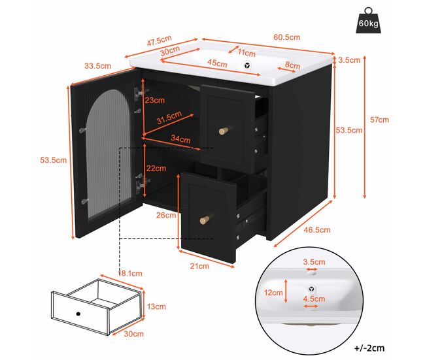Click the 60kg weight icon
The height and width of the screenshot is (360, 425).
(368, 21)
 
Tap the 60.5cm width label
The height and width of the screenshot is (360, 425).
(287, 37)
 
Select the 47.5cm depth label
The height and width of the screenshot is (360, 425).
(160, 41)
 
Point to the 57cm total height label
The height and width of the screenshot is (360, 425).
(379, 120)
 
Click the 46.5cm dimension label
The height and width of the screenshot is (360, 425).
(317, 230)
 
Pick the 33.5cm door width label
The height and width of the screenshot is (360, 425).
(97, 66)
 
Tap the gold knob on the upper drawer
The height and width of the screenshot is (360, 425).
(224, 131)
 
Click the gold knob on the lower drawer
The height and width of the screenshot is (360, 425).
(205, 220)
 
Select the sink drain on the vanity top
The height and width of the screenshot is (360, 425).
(247, 65)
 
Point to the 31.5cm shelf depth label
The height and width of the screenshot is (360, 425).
(169, 118)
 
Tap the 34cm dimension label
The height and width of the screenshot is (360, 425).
(180, 139)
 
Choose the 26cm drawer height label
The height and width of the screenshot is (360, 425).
(166, 215)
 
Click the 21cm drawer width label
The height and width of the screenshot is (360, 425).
(199, 266)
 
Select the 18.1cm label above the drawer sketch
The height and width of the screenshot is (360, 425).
(130, 273)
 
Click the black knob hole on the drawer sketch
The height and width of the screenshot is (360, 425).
(78, 314)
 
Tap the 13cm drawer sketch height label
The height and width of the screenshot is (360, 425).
(156, 306)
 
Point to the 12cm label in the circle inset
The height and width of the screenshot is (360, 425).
(273, 293)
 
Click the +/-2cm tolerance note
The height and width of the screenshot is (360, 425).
(369, 348)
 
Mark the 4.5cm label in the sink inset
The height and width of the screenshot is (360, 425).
(314, 299)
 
